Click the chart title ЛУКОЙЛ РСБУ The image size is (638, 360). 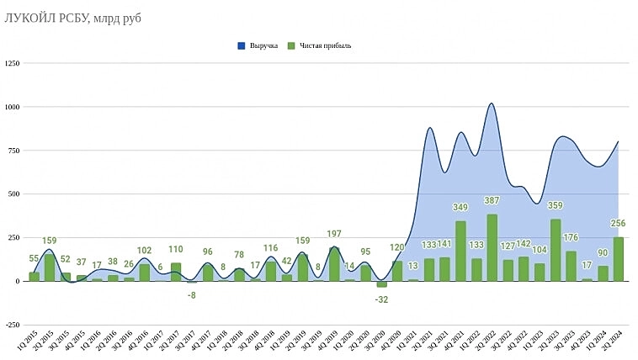tap(72, 18)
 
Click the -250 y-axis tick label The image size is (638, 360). tap(12, 325)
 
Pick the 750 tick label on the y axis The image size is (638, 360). tap(13, 151)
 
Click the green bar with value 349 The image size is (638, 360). tap(460, 251)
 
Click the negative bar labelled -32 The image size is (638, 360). tap(381, 284)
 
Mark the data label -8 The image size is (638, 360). tap(191, 294)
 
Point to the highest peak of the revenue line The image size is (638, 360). tap(492, 103)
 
